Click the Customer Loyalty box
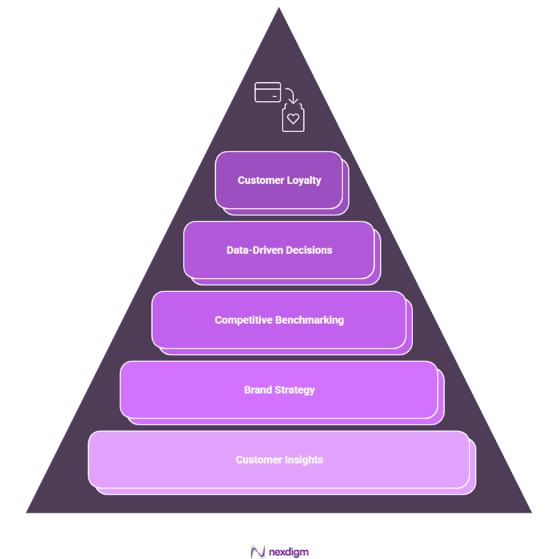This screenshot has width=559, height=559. click(x=279, y=180)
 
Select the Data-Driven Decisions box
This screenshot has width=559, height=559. click(x=279, y=250)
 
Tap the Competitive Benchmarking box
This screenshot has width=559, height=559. click(x=279, y=320)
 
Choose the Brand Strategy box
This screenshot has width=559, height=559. click(x=279, y=390)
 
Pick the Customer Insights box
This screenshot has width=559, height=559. click(x=279, y=460)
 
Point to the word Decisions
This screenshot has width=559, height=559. click(x=309, y=250)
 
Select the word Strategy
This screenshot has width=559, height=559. click(x=294, y=390)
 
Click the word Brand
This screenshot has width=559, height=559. click(x=257, y=390)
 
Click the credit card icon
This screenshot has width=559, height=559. click(x=268, y=92)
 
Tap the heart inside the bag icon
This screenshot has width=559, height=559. click(x=293, y=119)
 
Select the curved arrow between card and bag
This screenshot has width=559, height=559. click(x=291, y=95)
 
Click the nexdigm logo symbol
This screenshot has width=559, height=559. click(x=258, y=552)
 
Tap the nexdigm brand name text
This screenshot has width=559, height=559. click(x=289, y=552)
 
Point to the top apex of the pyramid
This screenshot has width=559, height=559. click(x=279, y=9)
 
